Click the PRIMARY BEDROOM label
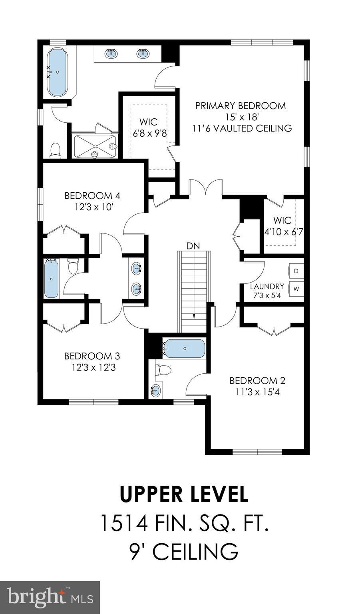point(241,106)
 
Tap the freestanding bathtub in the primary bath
point(58,72)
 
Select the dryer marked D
point(296,271)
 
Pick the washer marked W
point(296,288)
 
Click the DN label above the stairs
point(193,246)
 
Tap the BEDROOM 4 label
point(92,195)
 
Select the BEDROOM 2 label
point(257,381)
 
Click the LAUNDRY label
point(267,286)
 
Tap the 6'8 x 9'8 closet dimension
point(150,133)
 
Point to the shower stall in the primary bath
point(94,146)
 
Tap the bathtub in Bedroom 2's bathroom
point(185,349)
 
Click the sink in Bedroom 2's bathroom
point(156,390)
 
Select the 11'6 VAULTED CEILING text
point(242,128)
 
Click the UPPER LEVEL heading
point(184,494)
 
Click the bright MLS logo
point(50,598)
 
